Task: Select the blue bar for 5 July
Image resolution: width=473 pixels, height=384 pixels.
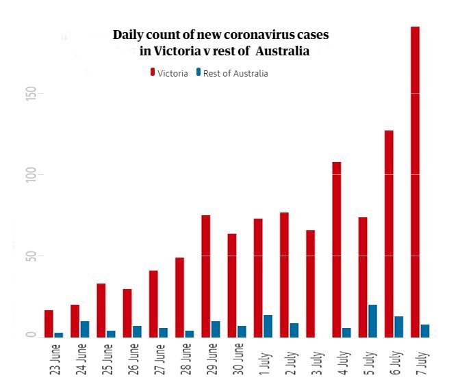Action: (372, 320)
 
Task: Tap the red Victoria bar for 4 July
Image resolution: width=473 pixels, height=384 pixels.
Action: (337, 249)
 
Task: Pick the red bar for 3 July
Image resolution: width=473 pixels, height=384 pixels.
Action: (310, 283)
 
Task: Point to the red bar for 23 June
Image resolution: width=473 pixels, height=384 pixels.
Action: (49, 323)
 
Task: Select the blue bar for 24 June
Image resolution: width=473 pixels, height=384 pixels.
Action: (85, 329)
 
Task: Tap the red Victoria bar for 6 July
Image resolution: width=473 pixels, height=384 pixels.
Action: (389, 233)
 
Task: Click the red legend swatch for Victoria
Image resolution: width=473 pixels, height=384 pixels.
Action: (153, 72)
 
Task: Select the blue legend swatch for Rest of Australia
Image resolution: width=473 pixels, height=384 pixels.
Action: (199, 72)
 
